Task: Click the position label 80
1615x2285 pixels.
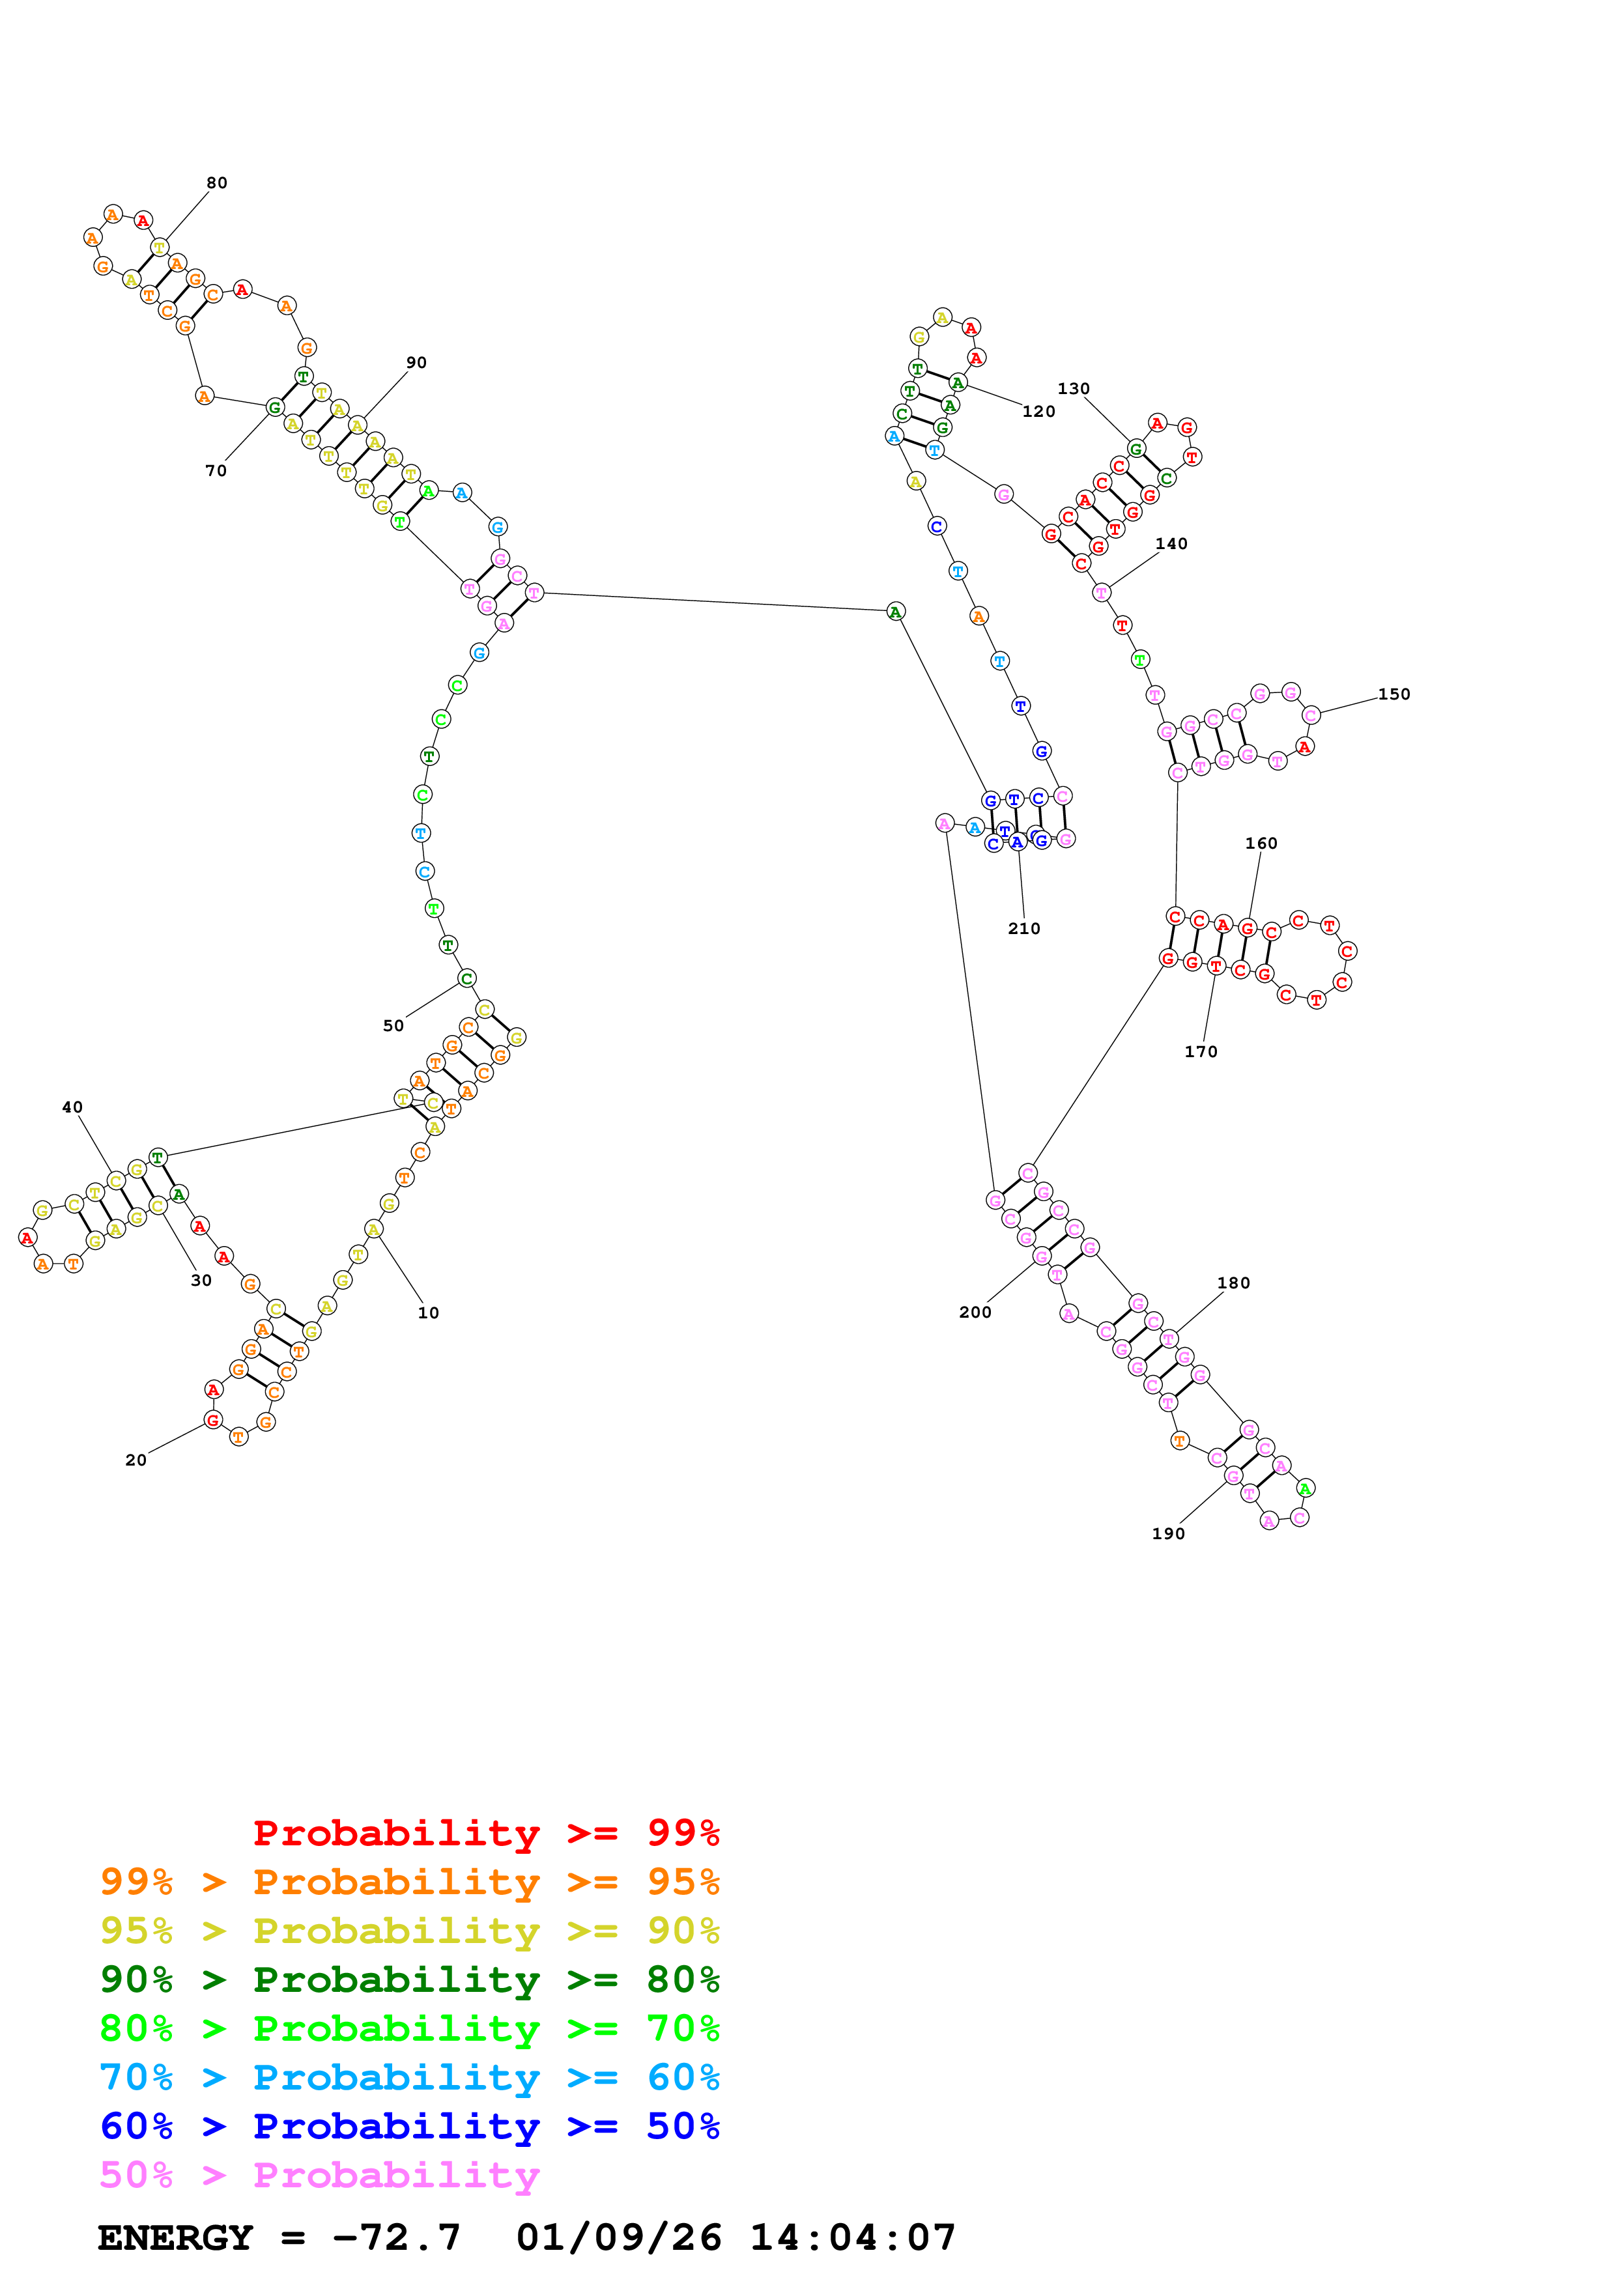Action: pos(217,183)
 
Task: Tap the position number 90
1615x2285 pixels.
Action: pos(416,363)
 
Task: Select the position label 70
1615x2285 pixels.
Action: pos(216,471)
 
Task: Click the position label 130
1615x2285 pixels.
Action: pos(1074,389)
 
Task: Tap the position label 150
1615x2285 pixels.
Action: pos(1394,694)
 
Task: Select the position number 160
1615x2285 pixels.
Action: pos(1261,844)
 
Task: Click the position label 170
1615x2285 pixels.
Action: pos(1201,1052)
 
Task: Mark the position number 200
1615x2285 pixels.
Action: pos(975,1313)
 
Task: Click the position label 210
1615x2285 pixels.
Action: pos(1024,929)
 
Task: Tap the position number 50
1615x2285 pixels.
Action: pos(394,1026)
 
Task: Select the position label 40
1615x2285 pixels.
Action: pos(73,1108)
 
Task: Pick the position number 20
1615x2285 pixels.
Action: pos(136,1460)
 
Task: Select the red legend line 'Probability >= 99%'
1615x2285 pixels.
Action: pos(485,1833)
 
